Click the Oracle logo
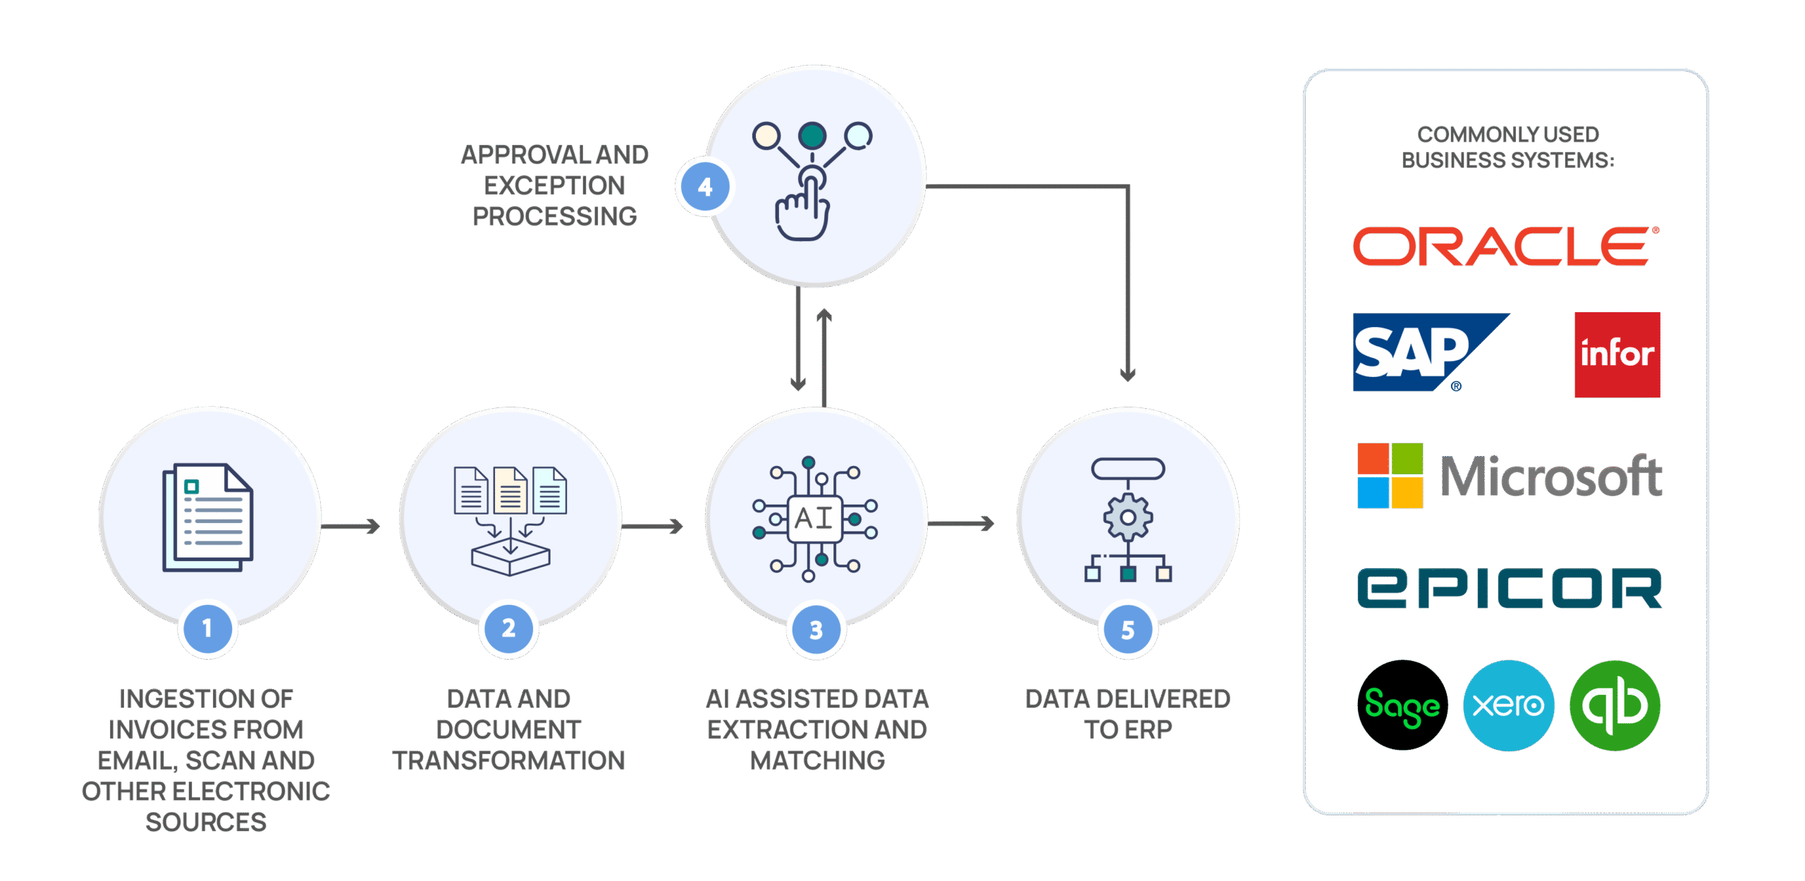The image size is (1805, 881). click(x=1505, y=247)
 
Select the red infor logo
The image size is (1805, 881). click(x=1617, y=355)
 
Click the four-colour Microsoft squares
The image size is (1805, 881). click(x=1390, y=476)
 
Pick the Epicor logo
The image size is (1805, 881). click(x=1510, y=589)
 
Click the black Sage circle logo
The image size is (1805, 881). click(x=1402, y=705)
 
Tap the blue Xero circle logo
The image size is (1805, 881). click(x=1508, y=705)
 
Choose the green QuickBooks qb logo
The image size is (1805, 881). click(x=1615, y=705)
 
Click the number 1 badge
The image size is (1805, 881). click(x=207, y=628)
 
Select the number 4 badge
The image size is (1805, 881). click(x=704, y=187)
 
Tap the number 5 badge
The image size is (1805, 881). click(x=1127, y=629)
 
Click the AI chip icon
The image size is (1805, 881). click(x=815, y=519)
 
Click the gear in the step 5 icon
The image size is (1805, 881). click(x=1127, y=518)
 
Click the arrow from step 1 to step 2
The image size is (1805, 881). click(x=351, y=526)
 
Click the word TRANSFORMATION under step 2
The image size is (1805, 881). click(x=508, y=760)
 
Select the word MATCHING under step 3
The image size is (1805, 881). click(x=816, y=760)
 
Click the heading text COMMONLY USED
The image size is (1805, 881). click(x=1507, y=134)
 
